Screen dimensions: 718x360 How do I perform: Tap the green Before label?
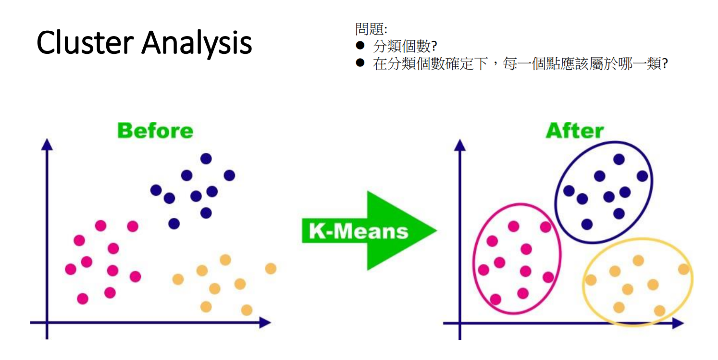(155, 131)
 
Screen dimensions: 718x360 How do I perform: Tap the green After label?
(574, 131)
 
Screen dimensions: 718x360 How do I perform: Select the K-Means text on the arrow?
(358, 231)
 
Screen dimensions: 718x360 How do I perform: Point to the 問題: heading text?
(371, 29)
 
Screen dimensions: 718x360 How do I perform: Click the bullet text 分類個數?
(405, 47)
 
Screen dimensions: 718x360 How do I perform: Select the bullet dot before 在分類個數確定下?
(360, 62)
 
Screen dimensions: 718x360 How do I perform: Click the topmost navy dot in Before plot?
(206, 158)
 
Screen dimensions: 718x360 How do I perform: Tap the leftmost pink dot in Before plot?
(71, 269)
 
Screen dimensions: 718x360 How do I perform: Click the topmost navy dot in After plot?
(619, 159)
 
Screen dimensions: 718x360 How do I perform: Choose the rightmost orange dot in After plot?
(683, 269)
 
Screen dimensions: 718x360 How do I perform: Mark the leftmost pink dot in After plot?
(483, 270)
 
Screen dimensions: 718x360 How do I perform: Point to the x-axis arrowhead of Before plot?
(265, 322)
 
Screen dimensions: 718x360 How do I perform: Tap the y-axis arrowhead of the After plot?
(460, 144)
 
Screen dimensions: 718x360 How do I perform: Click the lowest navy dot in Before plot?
(174, 223)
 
